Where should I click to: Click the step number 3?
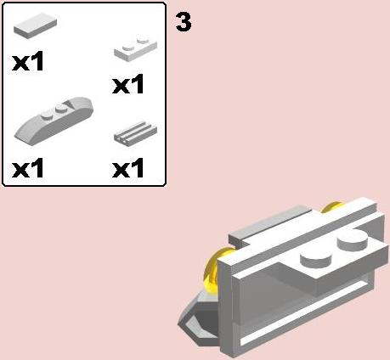pos(184,22)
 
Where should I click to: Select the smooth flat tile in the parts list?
pos(35,25)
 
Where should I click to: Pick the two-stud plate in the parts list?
pos(135,48)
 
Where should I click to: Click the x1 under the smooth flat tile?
pos(28,61)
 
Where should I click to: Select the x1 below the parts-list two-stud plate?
pos(128,84)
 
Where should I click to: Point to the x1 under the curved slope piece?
pos(28,168)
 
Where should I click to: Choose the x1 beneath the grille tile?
pos(128,168)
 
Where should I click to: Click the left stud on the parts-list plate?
pos(127,47)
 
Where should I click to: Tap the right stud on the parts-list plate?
pos(143,39)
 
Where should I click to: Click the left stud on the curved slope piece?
pos(46,115)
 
